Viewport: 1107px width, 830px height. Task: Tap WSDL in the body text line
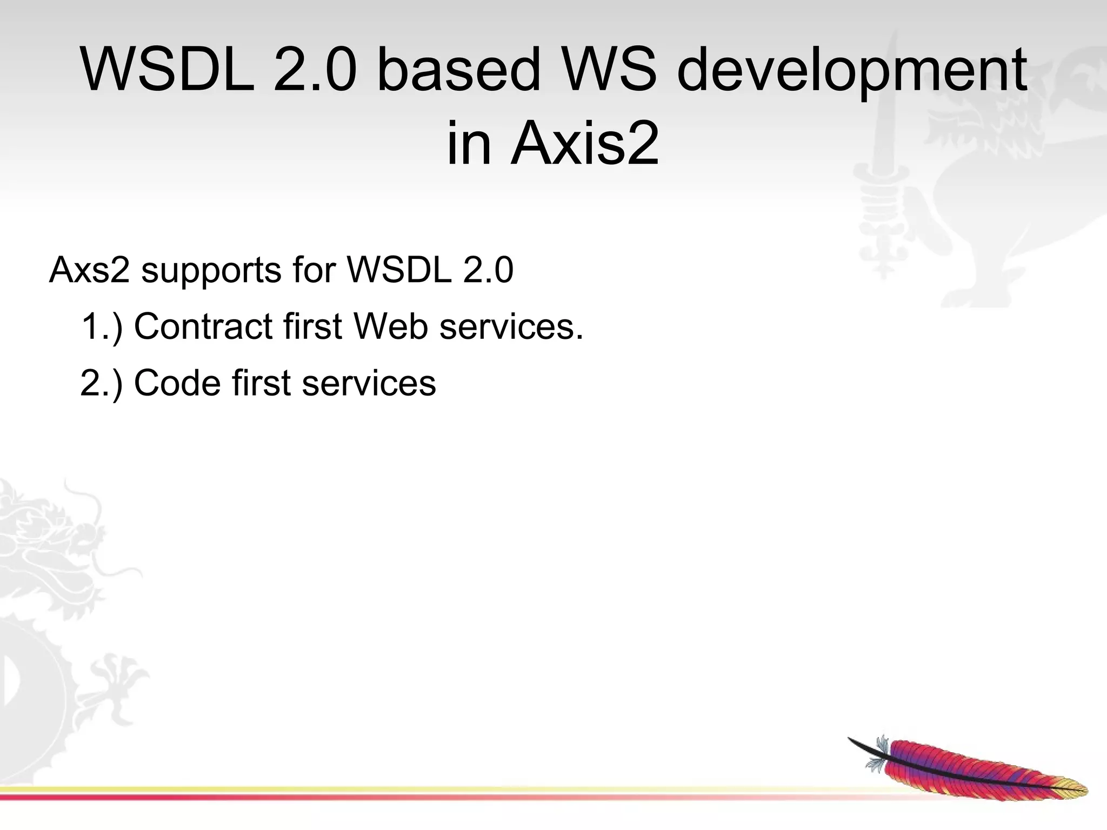pyautogui.click(x=399, y=270)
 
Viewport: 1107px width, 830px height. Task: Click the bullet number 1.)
pyautogui.click(x=102, y=327)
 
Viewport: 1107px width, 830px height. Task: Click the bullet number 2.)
pyautogui.click(x=102, y=383)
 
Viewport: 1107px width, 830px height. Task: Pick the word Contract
pyautogui.click(x=203, y=327)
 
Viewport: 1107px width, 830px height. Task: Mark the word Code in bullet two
pyautogui.click(x=177, y=383)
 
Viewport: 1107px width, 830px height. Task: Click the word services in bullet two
pyautogui.click(x=369, y=383)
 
